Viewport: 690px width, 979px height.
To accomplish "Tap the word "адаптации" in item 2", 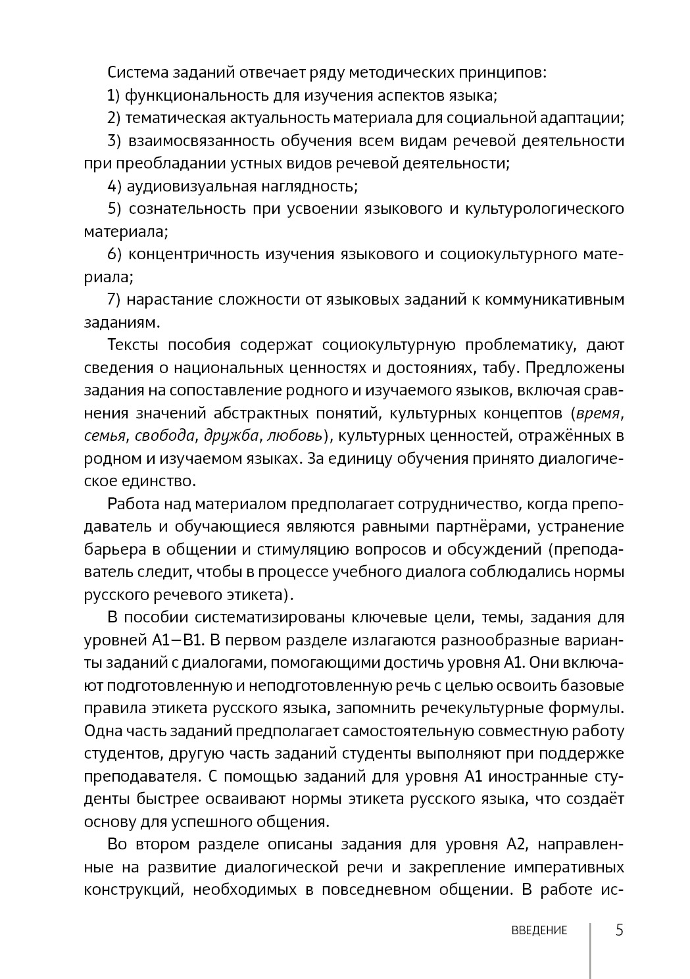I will (x=589, y=118).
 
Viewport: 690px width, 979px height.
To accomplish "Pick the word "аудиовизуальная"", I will (x=191, y=186).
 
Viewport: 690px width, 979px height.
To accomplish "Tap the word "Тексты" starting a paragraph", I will (x=135, y=345).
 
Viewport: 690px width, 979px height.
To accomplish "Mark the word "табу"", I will (x=500, y=367).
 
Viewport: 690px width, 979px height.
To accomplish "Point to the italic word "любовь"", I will (x=296, y=436).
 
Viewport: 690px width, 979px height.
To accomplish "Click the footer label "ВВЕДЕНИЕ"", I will (x=539, y=930).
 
